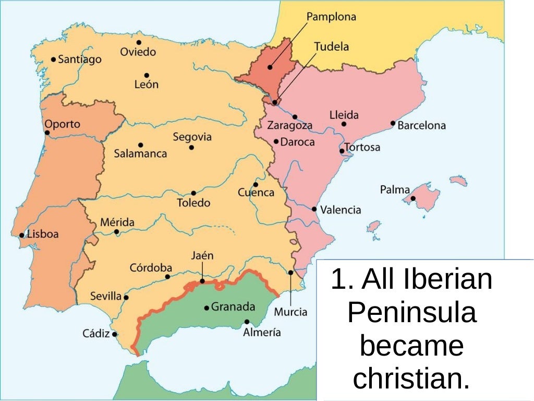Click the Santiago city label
(80, 60)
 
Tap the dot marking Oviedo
(139, 42)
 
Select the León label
(146, 84)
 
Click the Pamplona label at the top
(331, 17)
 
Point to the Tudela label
(331, 46)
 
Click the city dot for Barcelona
(393, 123)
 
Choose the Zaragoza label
(290, 126)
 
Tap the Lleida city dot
(344, 124)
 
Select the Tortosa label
(362, 147)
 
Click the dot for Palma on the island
(413, 198)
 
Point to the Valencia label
(341, 210)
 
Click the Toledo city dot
(193, 193)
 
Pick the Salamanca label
(141, 154)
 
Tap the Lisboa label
(43, 234)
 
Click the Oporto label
(63, 124)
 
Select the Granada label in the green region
(233, 307)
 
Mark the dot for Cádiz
(115, 334)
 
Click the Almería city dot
(247, 322)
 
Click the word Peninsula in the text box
(411, 313)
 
